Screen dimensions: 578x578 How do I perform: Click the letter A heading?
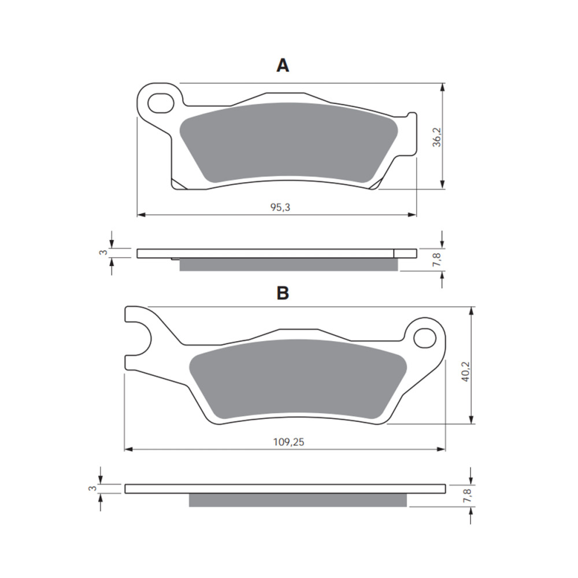tap(282, 66)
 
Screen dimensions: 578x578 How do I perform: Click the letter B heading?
tap(282, 293)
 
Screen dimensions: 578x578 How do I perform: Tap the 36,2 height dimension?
tap(437, 136)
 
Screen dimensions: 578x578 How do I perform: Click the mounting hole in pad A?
tap(160, 103)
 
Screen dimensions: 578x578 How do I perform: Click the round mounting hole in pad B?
tap(425, 338)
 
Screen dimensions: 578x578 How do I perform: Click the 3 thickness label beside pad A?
tap(102, 253)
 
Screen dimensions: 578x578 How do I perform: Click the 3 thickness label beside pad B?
tap(91, 488)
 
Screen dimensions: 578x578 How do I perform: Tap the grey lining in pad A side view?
tap(288, 265)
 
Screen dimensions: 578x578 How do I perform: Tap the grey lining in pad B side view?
tap(298, 500)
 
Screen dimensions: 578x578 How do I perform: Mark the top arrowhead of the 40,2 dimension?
tap(473, 311)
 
